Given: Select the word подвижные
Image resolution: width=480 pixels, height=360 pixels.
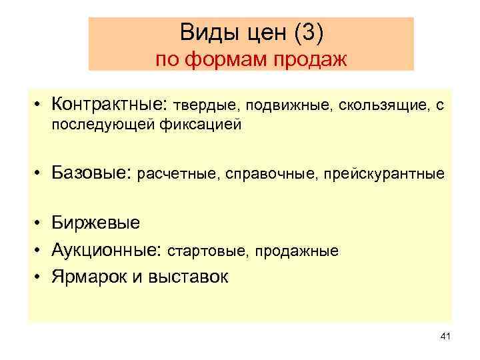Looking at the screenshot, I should point(289,105).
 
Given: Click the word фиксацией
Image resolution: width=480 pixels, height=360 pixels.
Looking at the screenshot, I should point(205,125).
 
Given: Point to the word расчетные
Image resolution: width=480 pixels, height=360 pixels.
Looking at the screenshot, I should point(176,175).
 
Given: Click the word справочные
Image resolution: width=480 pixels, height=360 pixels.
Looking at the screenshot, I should point(271,175).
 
